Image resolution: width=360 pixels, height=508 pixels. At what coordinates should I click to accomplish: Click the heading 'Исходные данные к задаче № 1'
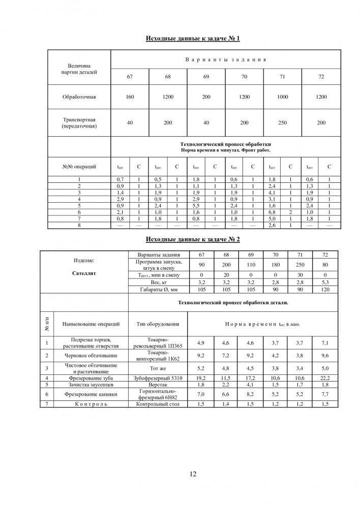tap(193, 39)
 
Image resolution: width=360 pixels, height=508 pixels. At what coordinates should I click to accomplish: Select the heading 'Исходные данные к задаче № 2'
tap(193, 239)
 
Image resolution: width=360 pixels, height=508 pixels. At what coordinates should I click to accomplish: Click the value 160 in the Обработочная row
tap(130, 97)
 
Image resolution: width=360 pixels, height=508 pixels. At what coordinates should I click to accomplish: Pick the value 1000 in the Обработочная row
tap(283, 97)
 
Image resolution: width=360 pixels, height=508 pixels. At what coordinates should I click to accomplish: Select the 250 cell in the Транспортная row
tap(283, 122)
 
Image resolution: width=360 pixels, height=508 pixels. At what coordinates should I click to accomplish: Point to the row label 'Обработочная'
tap(79, 97)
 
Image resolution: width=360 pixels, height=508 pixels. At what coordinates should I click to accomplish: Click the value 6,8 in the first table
tap(272, 212)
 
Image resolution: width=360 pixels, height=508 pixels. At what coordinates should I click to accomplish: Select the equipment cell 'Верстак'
tap(158, 385)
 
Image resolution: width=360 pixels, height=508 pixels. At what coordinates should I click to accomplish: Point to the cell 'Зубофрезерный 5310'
tap(158, 378)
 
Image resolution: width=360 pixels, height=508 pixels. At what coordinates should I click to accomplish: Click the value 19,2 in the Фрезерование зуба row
tap(201, 378)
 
